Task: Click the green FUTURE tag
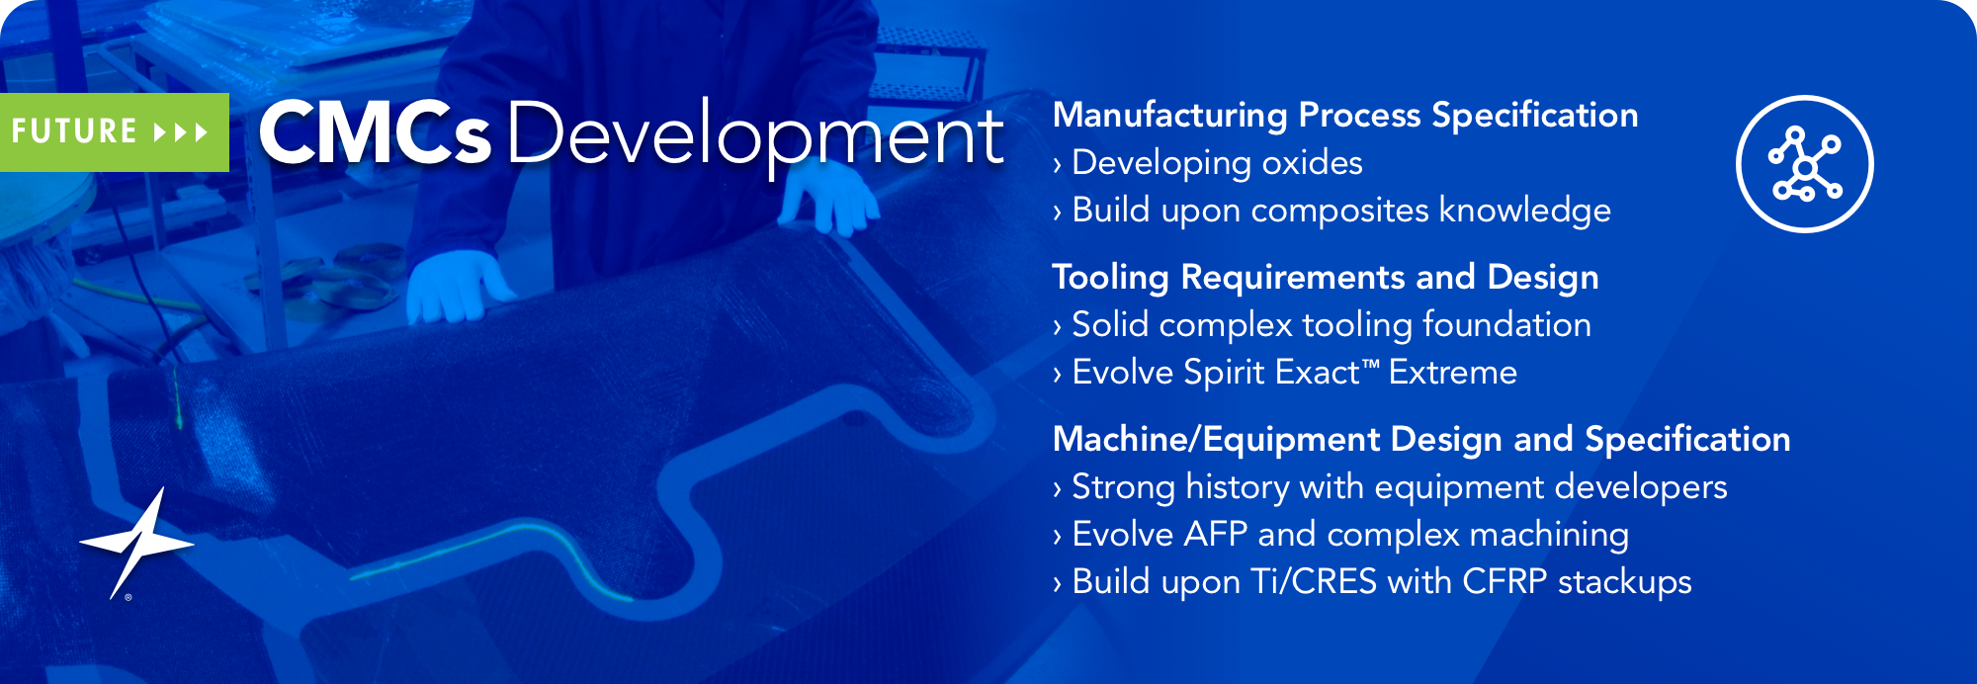[x=115, y=132]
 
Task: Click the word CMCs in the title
[x=375, y=133]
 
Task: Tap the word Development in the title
[x=756, y=136]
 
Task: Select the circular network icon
[x=1804, y=164]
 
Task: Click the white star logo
[x=136, y=543]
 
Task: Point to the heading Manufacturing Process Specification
[x=1345, y=116]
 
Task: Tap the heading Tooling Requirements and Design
[x=1326, y=278]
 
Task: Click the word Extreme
[x=1453, y=373]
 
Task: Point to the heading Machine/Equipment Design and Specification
[x=1421, y=440]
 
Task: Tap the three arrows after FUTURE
[x=181, y=132]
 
